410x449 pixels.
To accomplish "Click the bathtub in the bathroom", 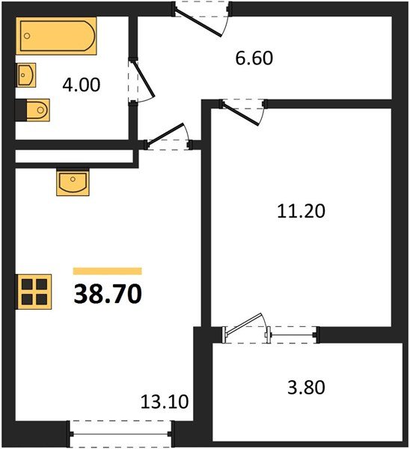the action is tap(56, 36).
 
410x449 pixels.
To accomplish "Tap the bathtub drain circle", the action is tap(27, 36).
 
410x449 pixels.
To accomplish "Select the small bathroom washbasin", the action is tap(25, 75).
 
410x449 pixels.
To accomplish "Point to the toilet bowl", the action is tap(38, 110).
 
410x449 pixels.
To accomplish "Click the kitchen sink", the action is tap(73, 182).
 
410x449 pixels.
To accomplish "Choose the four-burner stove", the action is tap(34, 292).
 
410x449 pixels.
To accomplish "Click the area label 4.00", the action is tap(82, 85).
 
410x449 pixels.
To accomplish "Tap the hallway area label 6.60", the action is tap(254, 58).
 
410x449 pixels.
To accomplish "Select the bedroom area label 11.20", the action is tap(301, 211).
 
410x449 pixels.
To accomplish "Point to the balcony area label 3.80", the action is tap(306, 388).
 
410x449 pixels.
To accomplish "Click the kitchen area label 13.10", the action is tap(165, 401).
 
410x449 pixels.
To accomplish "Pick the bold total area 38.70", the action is tap(108, 294).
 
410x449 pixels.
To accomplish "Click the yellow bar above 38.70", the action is tap(108, 271).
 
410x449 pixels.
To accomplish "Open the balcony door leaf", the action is tap(244, 323).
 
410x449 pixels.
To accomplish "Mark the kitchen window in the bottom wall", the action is tap(120, 434).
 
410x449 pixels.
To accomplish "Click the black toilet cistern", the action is tap(21, 110).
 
